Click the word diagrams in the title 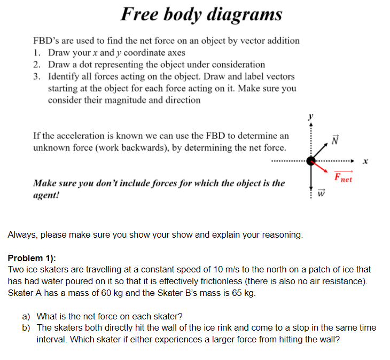245,14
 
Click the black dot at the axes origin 311,161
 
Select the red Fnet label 343,177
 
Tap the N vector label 335,140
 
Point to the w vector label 321,193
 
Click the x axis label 365,161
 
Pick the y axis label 310,116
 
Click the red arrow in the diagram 320,166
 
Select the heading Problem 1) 32,258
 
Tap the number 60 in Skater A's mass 106,293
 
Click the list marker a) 26,317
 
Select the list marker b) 26,328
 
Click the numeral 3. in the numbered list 37,76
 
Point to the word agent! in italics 46,195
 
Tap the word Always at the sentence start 23,235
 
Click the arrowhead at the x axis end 353,161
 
